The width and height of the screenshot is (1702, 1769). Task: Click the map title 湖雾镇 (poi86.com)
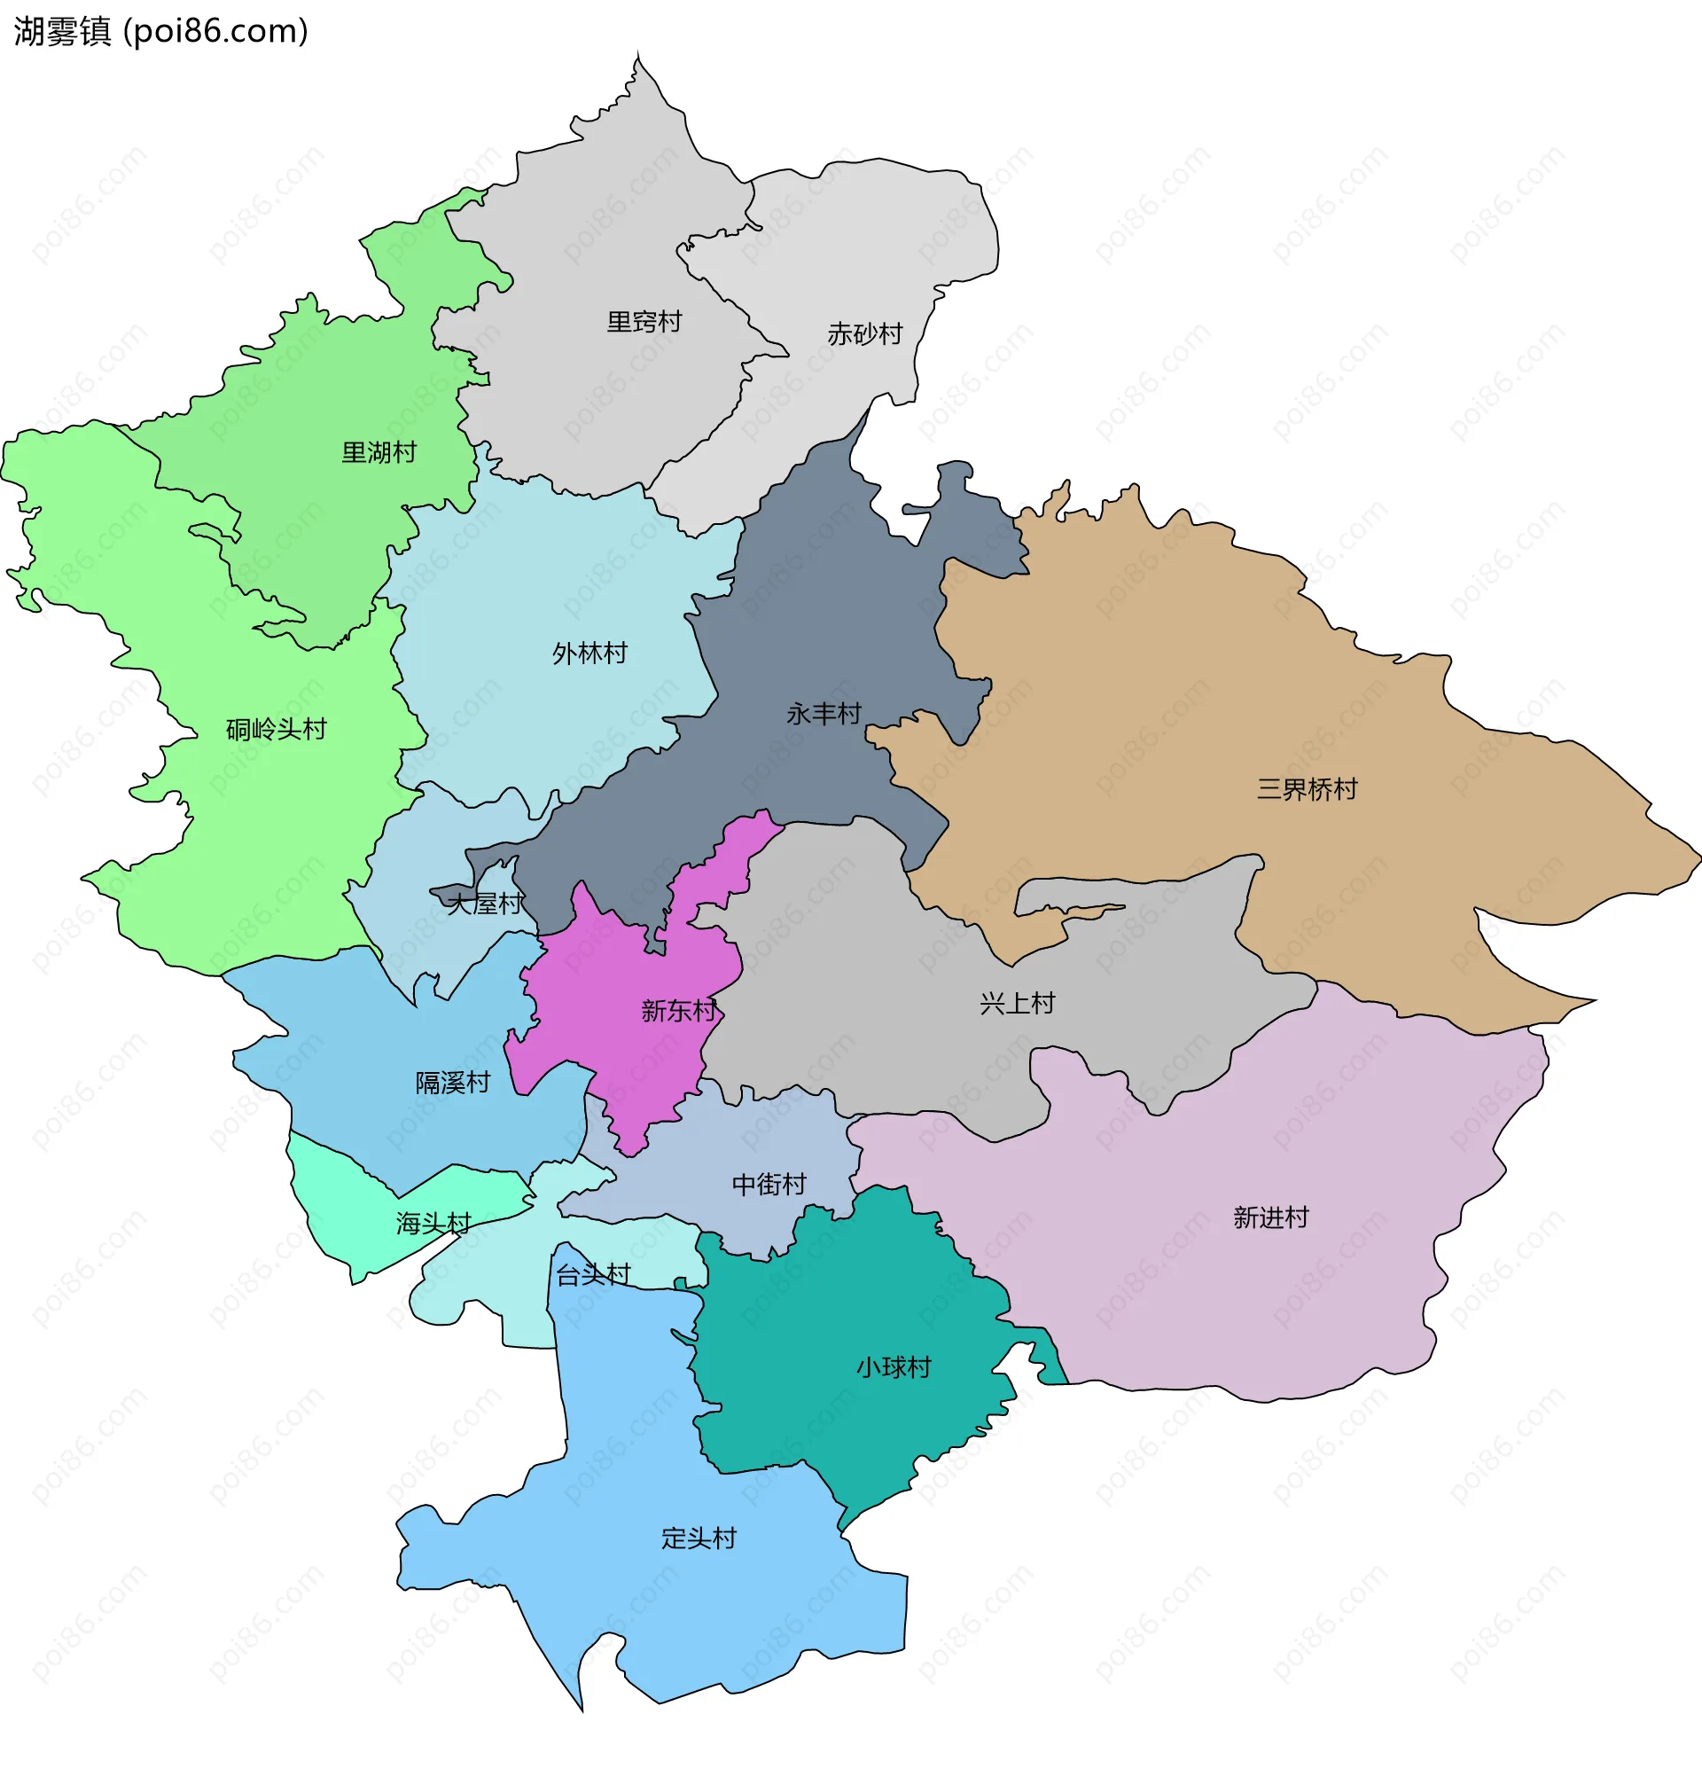(160, 32)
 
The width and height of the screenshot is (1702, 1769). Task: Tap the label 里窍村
(644, 322)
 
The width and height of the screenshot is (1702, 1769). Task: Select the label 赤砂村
(864, 335)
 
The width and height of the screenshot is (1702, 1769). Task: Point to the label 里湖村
(379, 453)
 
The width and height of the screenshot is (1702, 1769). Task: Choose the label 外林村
(589, 654)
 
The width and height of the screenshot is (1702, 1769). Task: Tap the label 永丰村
(823, 714)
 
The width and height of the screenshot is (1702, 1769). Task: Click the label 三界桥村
(1306, 790)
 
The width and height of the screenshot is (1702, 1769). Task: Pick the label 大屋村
(485, 904)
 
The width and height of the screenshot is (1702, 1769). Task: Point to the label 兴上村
(1017, 1004)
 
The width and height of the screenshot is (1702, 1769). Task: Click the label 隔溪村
(452, 1083)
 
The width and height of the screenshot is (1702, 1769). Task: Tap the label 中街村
(768, 1184)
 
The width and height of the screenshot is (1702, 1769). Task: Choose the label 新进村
(1269, 1218)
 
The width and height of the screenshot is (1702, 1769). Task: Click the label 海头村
(433, 1224)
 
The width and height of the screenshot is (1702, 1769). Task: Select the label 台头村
(593, 1275)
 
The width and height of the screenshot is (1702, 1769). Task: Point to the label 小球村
(893, 1367)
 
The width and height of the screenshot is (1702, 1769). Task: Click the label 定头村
(699, 1538)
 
